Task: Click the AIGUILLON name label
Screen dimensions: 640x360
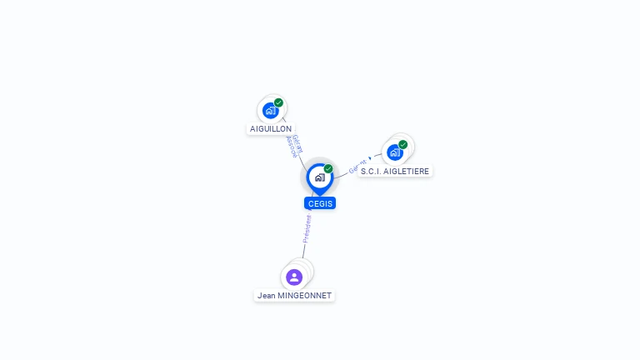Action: (271, 129)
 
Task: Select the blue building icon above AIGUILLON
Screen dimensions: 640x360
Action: (270, 110)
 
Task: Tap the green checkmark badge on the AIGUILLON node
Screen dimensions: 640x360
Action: (278, 102)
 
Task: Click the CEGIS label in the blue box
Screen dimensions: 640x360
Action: (320, 203)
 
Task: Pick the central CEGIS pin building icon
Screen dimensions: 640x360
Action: (319, 177)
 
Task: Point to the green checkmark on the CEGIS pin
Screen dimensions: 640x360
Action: (328, 168)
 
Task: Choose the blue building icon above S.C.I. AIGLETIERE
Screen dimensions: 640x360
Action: (395, 152)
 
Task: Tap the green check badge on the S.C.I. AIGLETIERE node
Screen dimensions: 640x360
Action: (403, 144)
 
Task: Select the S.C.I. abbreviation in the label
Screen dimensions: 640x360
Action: (371, 171)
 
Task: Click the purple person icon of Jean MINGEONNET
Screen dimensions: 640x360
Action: (293, 277)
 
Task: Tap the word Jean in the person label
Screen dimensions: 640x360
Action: (267, 295)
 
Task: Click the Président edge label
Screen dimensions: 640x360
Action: (307, 228)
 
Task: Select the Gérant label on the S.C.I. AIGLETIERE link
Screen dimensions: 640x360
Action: (357, 166)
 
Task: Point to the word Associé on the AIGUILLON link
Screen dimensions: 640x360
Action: (291, 148)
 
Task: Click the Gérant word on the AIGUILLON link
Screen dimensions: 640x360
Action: (297, 143)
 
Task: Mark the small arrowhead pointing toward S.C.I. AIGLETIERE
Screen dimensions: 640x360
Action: (370, 157)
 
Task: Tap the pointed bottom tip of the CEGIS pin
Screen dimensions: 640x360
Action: (319, 195)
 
